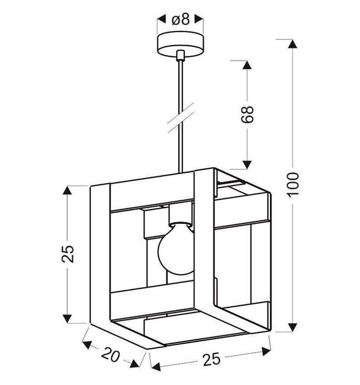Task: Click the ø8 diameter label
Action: [181, 19]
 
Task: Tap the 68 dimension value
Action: [247, 115]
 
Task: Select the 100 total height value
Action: [293, 185]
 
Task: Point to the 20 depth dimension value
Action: [110, 355]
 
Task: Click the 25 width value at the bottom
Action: [212, 359]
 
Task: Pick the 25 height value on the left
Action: [67, 254]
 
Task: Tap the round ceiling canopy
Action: [180, 44]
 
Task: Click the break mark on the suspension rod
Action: [181, 118]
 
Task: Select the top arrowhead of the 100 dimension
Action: [292, 43]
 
